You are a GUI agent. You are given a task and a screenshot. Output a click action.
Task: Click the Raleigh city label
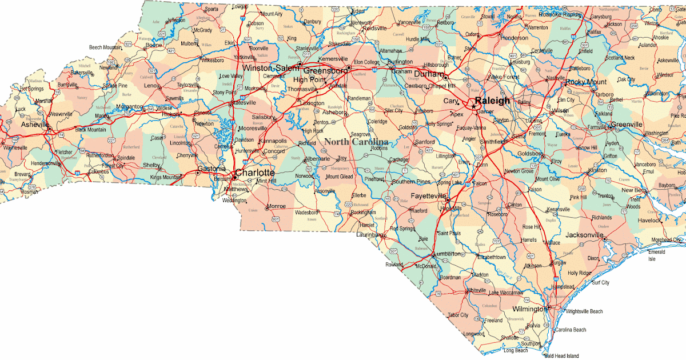tap(492, 101)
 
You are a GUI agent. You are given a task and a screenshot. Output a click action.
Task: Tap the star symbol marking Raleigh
tap(473, 106)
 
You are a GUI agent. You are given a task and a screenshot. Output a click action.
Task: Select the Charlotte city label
tap(255, 173)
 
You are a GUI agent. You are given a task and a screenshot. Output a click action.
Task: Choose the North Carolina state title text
tap(356, 142)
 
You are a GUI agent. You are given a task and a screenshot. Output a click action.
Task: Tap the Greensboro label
tap(325, 71)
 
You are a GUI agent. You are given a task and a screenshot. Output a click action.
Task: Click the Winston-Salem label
tap(271, 68)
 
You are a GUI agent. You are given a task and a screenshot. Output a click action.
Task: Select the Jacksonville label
tap(585, 235)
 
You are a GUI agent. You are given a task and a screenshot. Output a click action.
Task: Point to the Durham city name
tap(429, 74)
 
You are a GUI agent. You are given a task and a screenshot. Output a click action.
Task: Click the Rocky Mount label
tap(586, 82)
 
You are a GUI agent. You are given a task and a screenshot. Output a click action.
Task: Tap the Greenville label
tap(626, 125)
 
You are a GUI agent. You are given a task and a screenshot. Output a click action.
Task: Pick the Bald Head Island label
tap(561, 355)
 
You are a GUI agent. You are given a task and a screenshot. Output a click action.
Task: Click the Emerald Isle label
tap(656, 255)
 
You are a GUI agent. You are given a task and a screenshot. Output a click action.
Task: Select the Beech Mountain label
tap(105, 47)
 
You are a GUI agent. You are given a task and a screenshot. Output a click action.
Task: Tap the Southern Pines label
tap(412, 182)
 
